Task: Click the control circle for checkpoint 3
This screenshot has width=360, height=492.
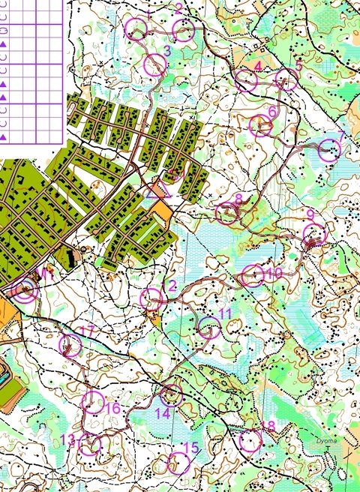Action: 155,65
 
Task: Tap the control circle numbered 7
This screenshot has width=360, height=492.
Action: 329,151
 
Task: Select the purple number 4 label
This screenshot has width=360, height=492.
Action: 258,67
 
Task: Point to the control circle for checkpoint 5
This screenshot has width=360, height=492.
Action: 286,79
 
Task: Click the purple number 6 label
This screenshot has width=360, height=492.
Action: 272,111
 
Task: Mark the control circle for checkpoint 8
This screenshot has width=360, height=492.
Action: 227,213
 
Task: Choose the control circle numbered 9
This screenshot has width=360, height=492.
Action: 314,235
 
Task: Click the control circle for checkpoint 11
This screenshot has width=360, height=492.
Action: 209,327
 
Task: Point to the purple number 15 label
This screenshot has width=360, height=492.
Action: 192,448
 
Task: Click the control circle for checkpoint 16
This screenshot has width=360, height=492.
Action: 94,402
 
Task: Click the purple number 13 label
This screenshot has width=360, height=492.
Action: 68,439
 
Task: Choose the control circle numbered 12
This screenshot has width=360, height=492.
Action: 151,299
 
